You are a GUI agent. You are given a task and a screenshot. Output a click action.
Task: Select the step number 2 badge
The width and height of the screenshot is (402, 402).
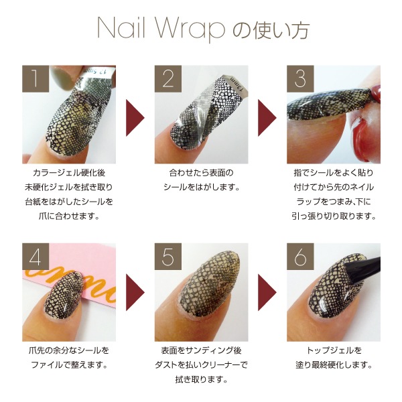click(x=168, y=80)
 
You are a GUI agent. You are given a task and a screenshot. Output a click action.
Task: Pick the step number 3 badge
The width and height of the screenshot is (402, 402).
click(x=300, y=80)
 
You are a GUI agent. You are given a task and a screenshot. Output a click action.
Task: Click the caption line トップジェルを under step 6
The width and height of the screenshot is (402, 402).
click(x=334, y=350)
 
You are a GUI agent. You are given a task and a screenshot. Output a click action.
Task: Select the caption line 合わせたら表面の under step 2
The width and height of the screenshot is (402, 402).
click(x=201, y=172)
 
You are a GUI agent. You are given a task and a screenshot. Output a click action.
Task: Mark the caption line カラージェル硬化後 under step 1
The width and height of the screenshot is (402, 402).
click(x=69, y=172)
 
